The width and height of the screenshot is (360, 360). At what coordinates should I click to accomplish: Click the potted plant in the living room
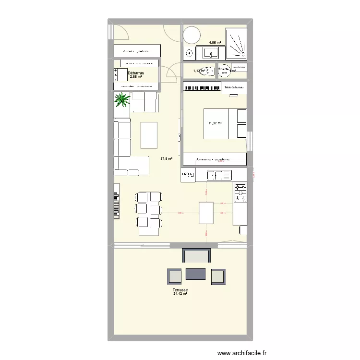point(122,100)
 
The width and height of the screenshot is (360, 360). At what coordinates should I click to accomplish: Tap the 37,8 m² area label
point(167,159)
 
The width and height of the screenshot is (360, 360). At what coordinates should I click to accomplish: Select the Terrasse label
point(180,290)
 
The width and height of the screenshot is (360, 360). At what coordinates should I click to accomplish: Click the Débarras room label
point(136,73)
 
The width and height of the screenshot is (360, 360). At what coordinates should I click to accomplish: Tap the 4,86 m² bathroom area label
point(214,43)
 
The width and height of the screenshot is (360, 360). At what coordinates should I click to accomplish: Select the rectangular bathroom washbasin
point(211,53)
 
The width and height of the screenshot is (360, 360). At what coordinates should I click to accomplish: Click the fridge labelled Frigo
point(188,175)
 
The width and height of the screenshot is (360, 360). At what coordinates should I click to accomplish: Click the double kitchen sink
point(219,175)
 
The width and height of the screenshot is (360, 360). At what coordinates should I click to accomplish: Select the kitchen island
point(206,213)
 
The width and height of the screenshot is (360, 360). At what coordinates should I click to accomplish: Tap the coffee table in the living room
point(149,135)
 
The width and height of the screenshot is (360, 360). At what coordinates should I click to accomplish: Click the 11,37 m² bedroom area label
point(215,123)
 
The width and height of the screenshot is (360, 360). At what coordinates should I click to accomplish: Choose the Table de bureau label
point(234,87)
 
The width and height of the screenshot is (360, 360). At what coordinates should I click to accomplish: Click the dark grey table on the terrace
point(196,274)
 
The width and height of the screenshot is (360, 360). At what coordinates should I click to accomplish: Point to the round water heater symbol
point(224,71)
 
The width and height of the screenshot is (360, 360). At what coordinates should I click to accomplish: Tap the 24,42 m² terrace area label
point(180,294)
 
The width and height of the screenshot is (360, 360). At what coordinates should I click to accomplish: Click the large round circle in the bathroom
point(192,35)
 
